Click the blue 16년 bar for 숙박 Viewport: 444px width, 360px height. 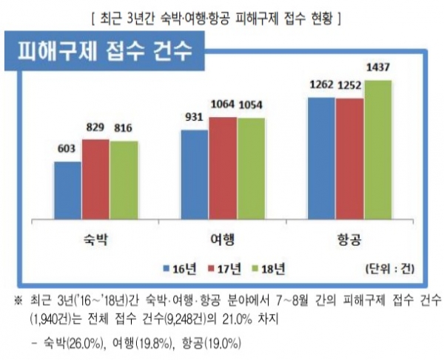(x=67, y=189)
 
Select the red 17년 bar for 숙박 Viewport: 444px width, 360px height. (x=95, y=178)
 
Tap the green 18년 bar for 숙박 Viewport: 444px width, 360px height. (x=124, y=179)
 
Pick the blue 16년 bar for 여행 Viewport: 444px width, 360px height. (x=194, y=173)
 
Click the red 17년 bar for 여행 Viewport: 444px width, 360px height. (x=222, y=167)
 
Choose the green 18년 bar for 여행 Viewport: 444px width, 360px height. (x=250, y=167)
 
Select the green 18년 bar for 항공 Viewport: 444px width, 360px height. (x=377, y=149)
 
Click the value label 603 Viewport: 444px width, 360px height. (x=67, y=148)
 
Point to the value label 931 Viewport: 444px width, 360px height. (x=194, y=119)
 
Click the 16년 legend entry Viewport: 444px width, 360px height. (x=181, y=267)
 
